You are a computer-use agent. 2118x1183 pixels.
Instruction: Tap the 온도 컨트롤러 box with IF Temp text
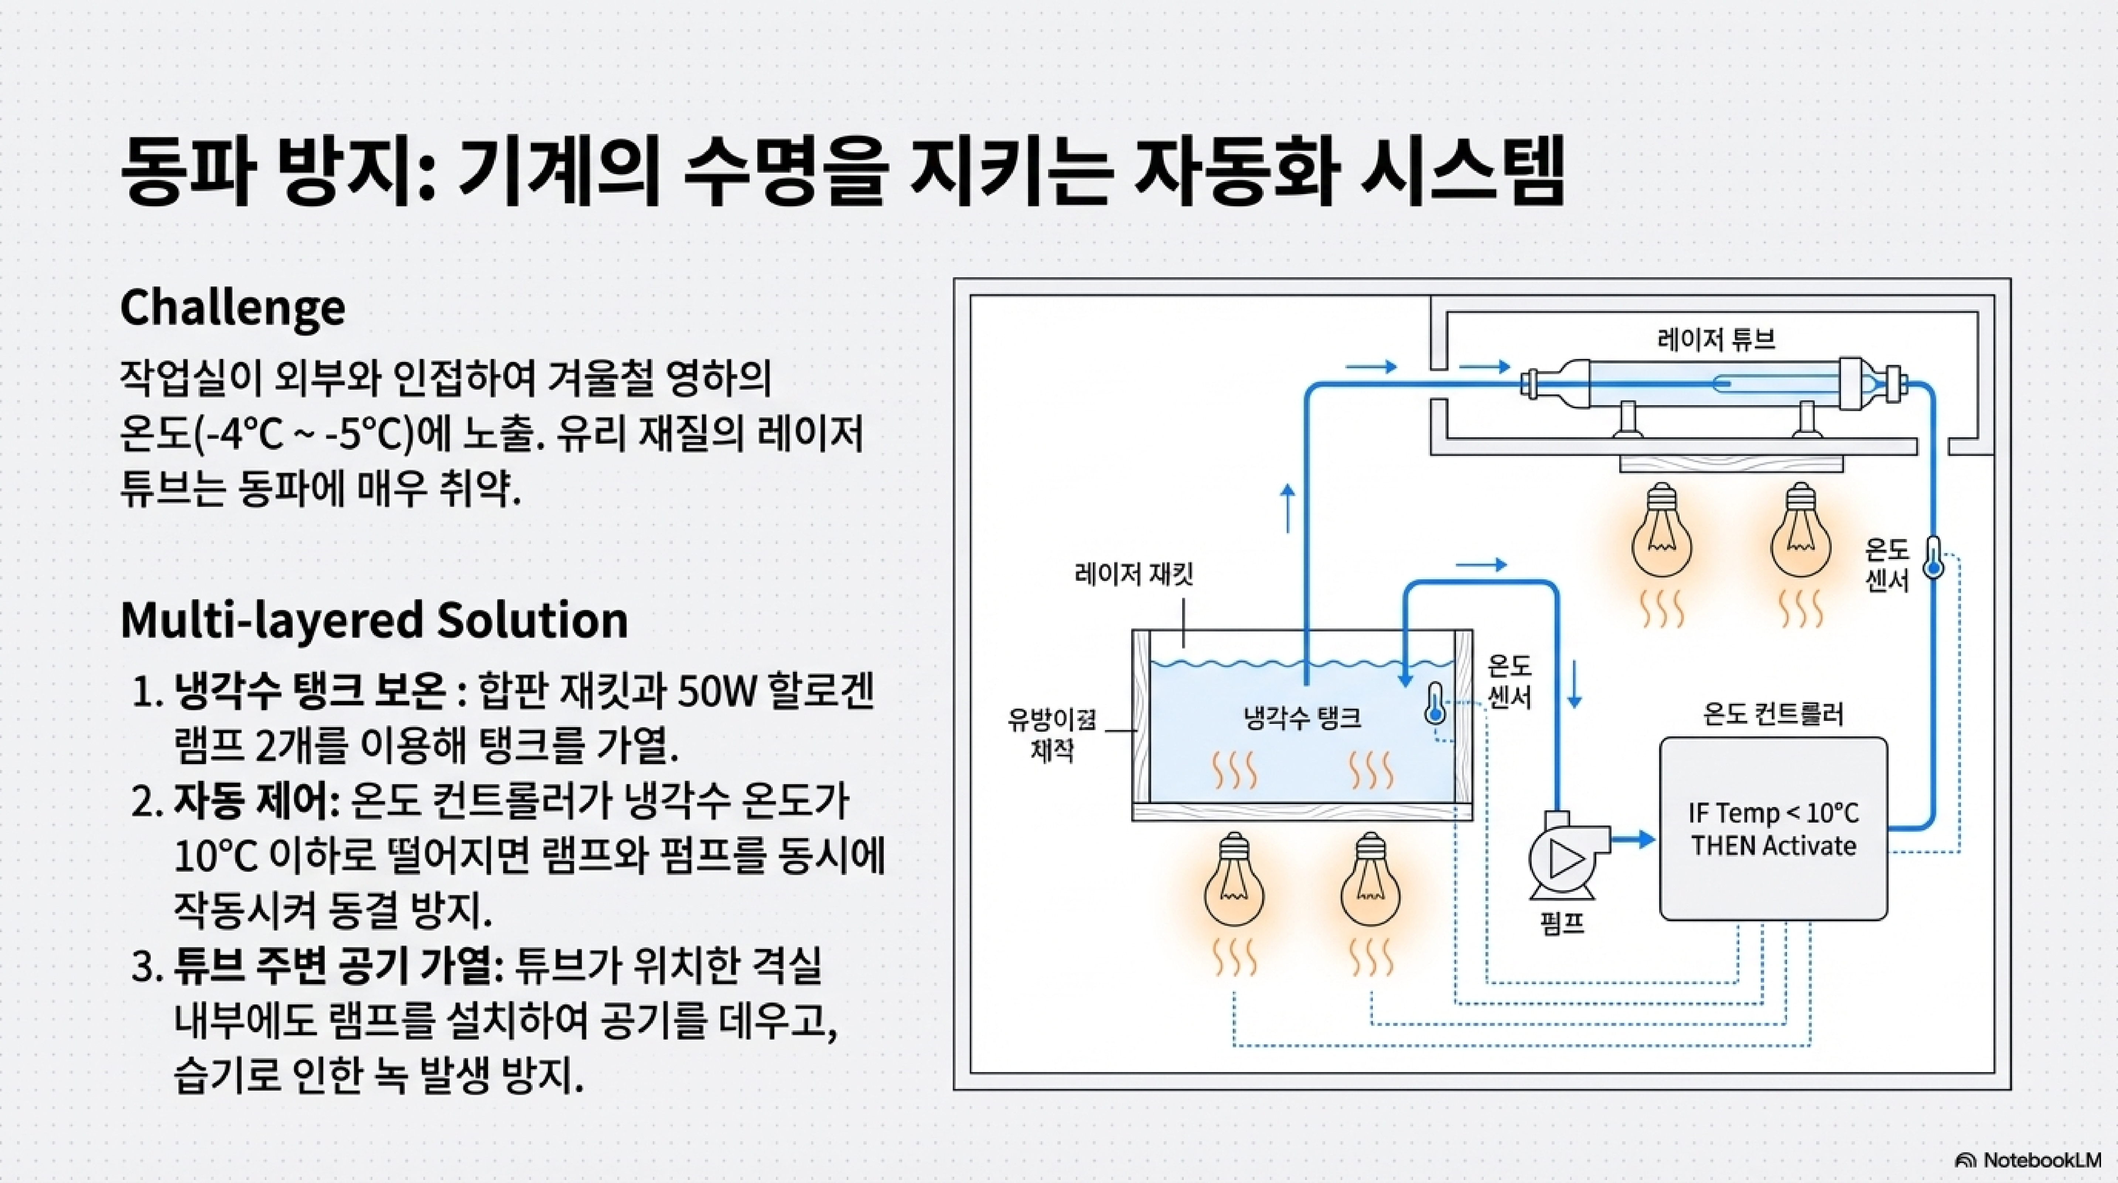(x=1773, y=828)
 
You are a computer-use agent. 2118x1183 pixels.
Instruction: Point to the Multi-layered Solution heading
(x=374, y=620)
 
